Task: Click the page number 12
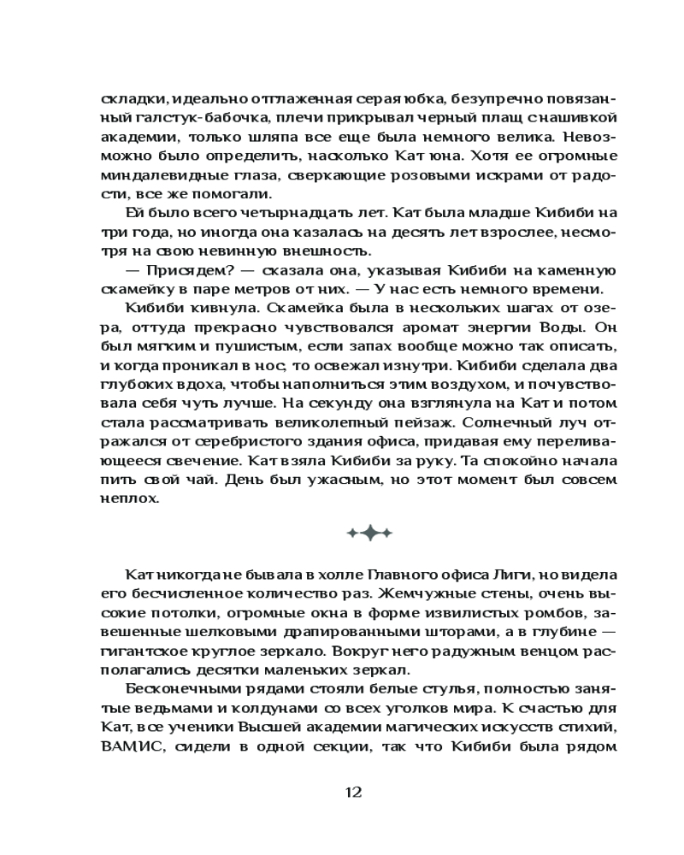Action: (353, 792)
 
